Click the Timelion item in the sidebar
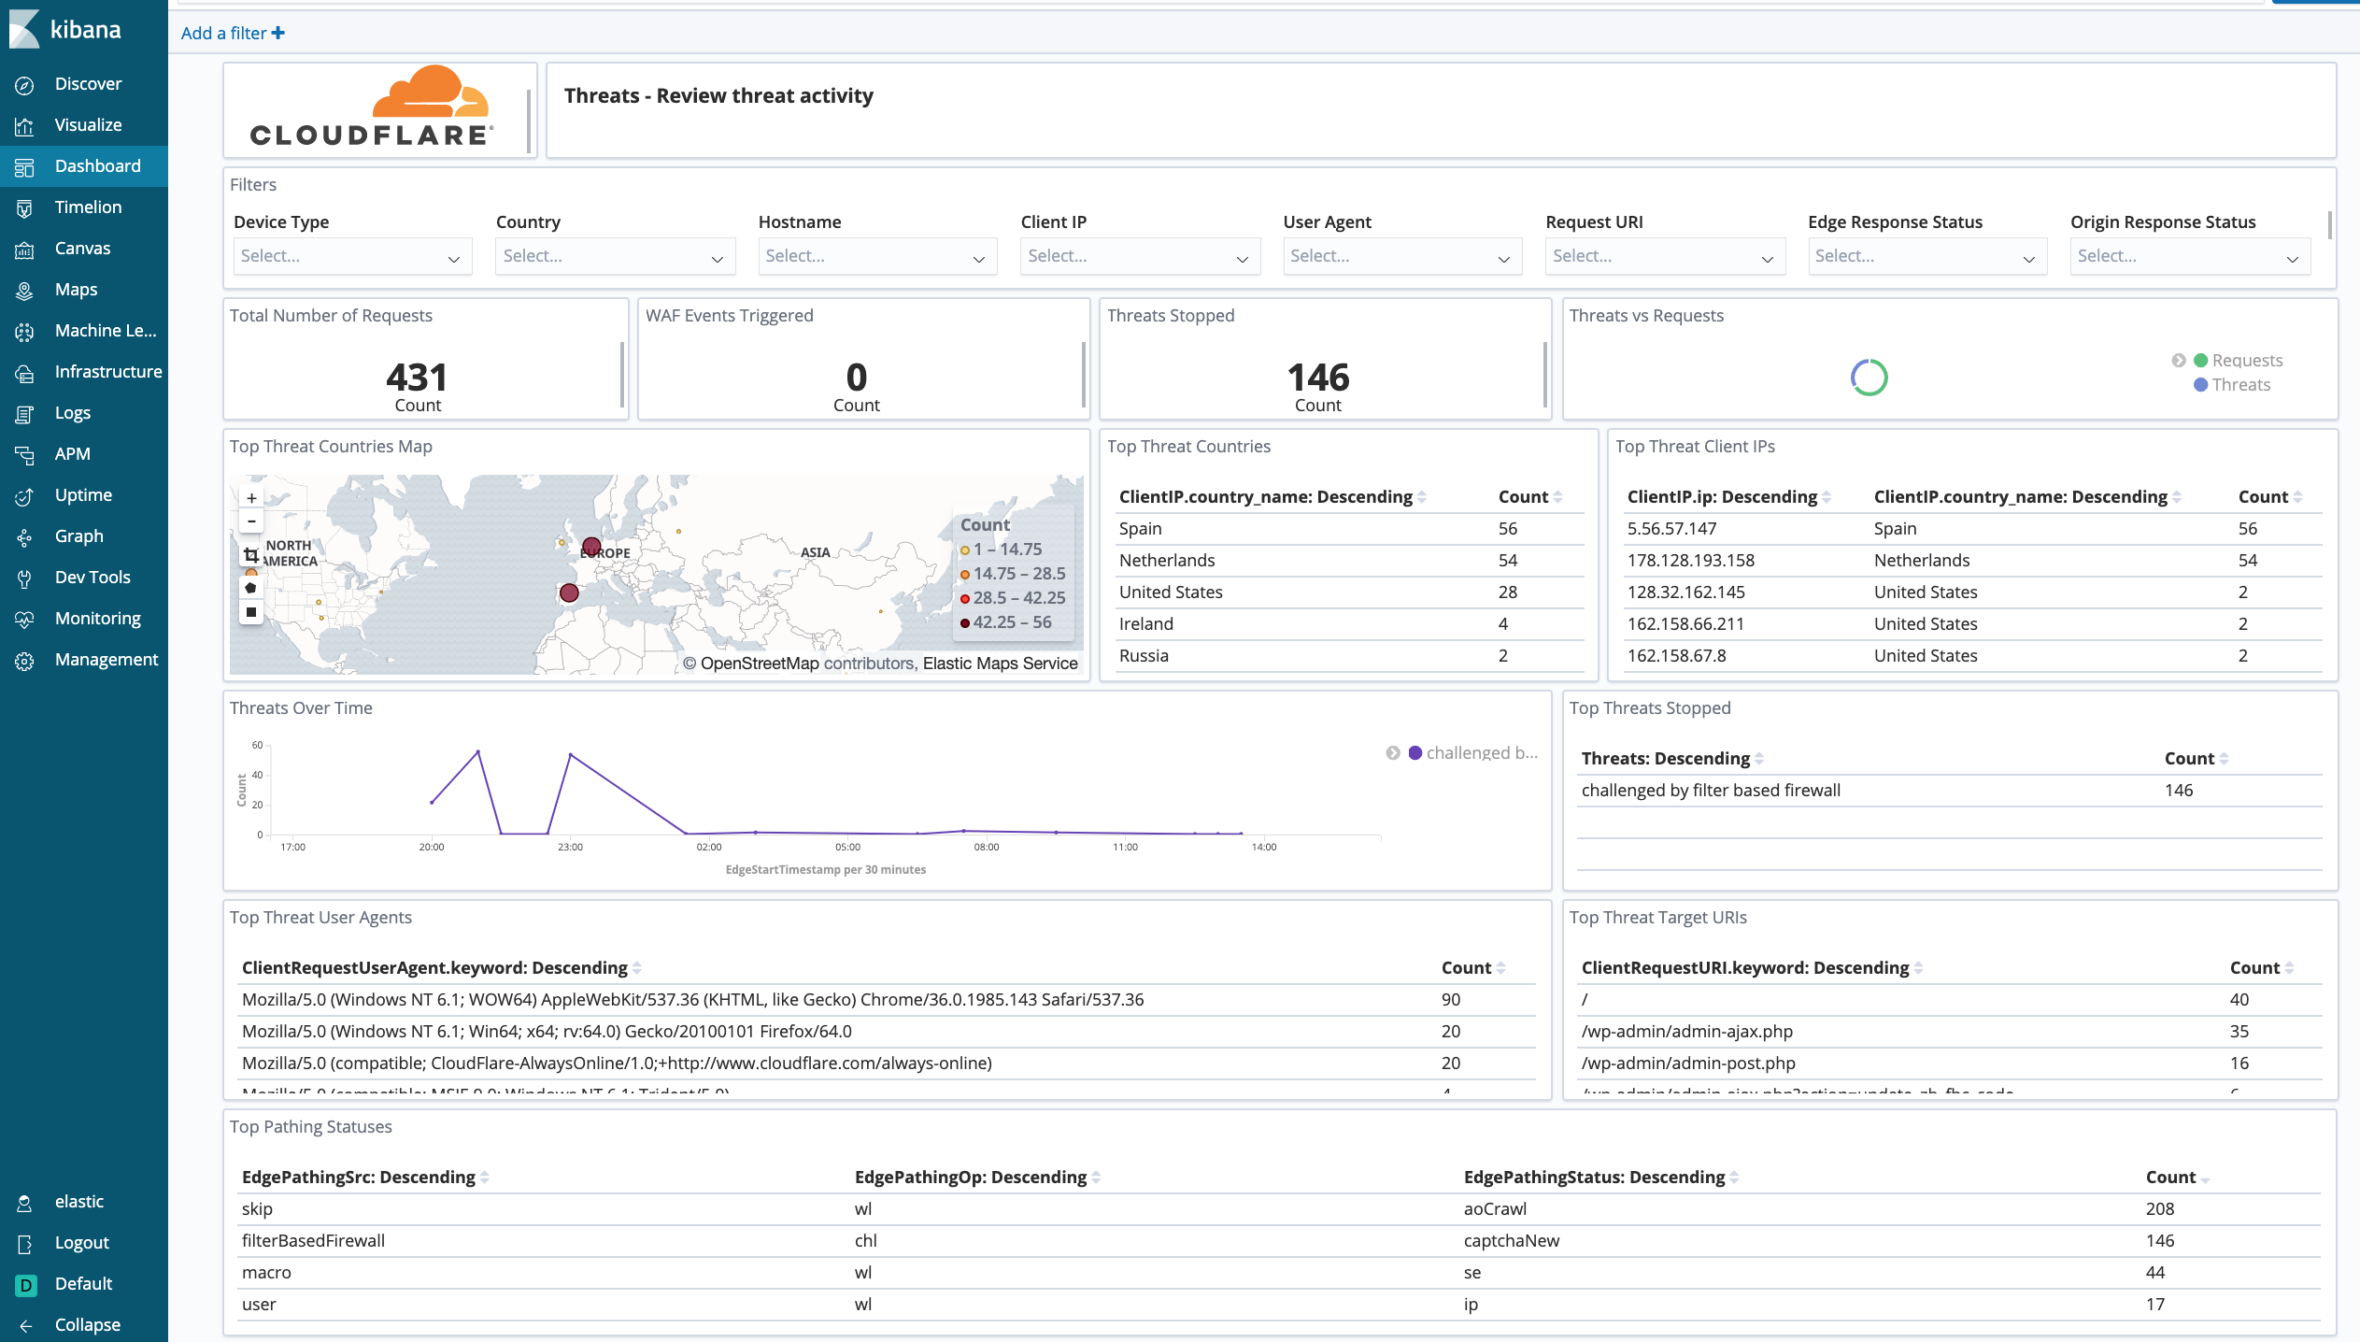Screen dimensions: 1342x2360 pyautogui.click(x=88, y=207)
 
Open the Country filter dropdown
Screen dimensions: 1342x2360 pyautogui.click(x=614, y=256)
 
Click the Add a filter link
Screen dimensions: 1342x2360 pyautogui.click(x=233, y=34)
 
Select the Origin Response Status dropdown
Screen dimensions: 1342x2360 pyautogui.click(x=2188, y=256)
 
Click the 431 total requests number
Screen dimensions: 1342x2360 pyautogui.click(x=417, y=378)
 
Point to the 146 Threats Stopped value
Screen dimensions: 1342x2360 pyautogui.click(x=1317, y=378)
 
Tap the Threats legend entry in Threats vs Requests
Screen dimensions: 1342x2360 pyautogui.click(x=2239, y=385)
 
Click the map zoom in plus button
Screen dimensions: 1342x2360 pyautogui.click(x=251, y=498)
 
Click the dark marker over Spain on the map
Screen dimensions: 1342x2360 pyautogui.click(x=569, y=592)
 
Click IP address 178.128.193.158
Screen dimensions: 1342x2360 pyautogui.click(x=1690, y=561)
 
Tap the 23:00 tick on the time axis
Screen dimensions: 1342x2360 pyautogui.click(x=570, y=847)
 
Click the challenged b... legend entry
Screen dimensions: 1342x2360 pyautogui.click(x=1480, y=753)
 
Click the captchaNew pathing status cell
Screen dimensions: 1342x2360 pyautogui.click(x=1511, y=1241)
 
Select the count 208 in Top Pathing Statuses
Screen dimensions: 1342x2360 pyautogui.click(x=2159, y=1209)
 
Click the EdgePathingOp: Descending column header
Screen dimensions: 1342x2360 pyautogui.click(x=970, y=1178)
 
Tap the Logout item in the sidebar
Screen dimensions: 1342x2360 pyautogui.click(x=81, y=1243)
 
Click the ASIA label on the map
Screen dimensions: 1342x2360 pyautogui.click(x=815, y=552)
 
